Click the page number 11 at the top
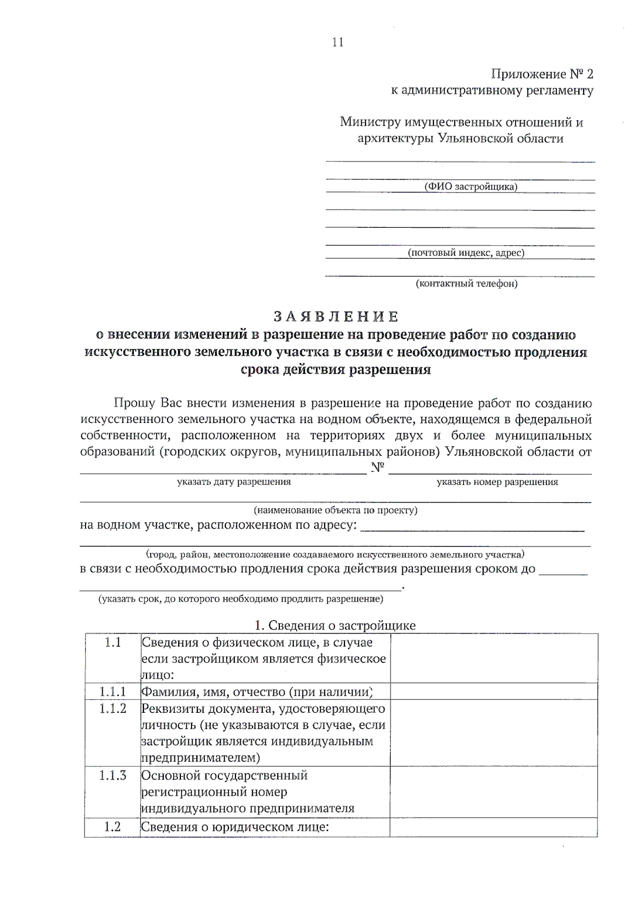[338, 43]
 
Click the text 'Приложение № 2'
[542, 74]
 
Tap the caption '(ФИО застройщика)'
[471, 187]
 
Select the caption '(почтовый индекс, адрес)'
[466, 253]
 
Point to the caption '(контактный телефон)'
[467, 284]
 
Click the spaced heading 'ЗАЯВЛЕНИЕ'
[336, 317]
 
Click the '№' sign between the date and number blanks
[378, 468]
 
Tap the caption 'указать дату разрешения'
[234, 482]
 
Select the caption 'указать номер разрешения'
[497, 482]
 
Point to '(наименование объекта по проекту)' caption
[335, 510]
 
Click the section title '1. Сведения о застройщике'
[335, 625]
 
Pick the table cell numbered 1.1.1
[112, 692]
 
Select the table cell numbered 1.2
[112, 827]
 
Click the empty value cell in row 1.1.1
[493, 692]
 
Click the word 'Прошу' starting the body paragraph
[134, 403]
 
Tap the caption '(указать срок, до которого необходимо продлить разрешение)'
[240, 599]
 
